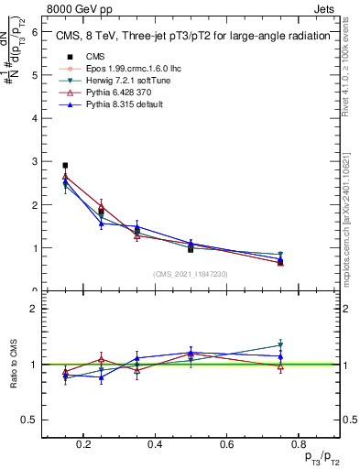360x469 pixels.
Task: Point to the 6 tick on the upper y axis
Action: point(34,31)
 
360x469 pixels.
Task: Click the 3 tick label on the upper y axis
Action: point(34,161)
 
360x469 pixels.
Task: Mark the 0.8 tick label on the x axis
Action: point(297,446)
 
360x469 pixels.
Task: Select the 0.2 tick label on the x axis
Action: point(83,446)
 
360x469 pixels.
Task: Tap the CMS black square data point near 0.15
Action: point(65,166)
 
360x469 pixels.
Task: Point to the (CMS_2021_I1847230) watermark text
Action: point(190,274)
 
